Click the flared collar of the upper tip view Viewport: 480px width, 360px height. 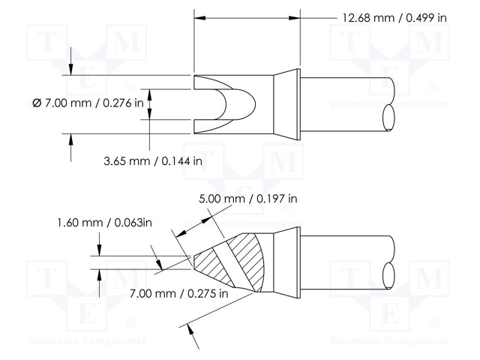click(285, 104)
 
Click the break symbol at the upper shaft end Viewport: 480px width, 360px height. click(390, 104)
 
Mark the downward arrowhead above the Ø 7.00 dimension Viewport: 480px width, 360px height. click(70, 69)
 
